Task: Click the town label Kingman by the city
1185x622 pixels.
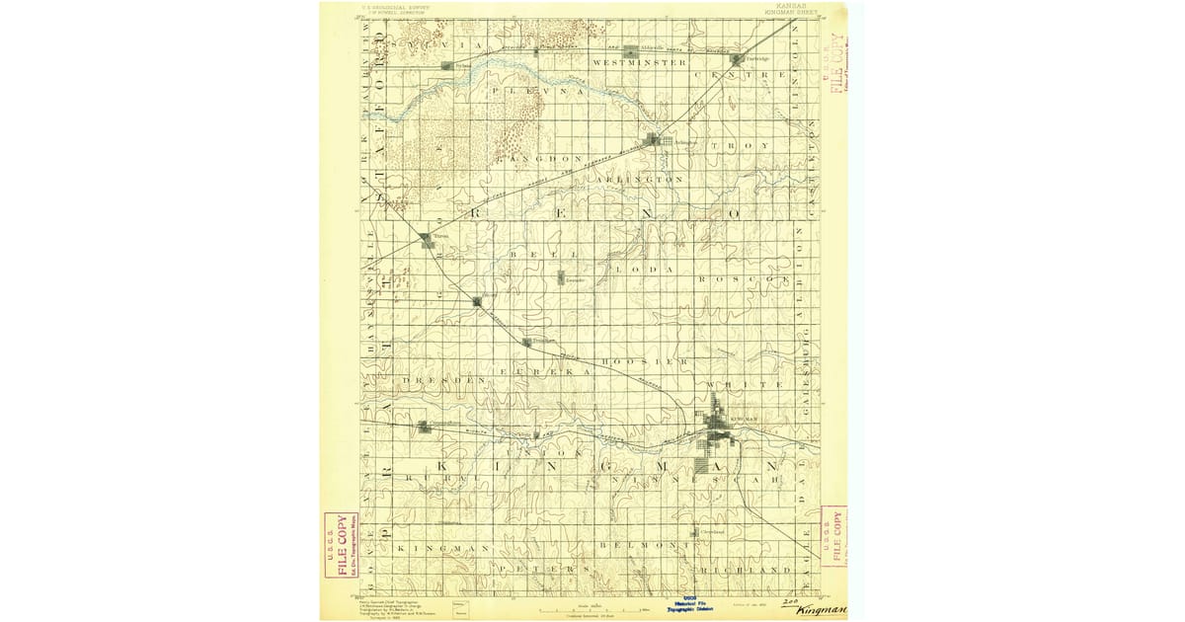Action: (742, 419)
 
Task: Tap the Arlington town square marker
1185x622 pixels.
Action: (653, 140)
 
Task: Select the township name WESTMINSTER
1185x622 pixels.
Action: (639, 62)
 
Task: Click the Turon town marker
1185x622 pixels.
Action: (425, 238)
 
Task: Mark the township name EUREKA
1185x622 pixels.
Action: (545, 372)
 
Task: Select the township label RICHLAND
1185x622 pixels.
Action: (747, 571)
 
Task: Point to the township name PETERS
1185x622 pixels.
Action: (538, 571)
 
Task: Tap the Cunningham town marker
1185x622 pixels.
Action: (423, 427)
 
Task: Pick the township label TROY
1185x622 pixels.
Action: (749, 145)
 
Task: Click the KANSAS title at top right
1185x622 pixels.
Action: (790, 6)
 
